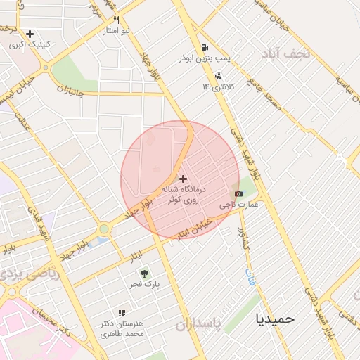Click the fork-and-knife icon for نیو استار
pos(117,20)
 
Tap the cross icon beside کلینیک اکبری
pos(30,33)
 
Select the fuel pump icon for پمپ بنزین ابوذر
pos(205,47)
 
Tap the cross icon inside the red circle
pos(184,179)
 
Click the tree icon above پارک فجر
pos(144,274)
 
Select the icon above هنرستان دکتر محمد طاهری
pos(122,313)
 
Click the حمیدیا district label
pos(276,318)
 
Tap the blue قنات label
pos(250,277)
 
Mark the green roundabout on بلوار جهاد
pos(104,229)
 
